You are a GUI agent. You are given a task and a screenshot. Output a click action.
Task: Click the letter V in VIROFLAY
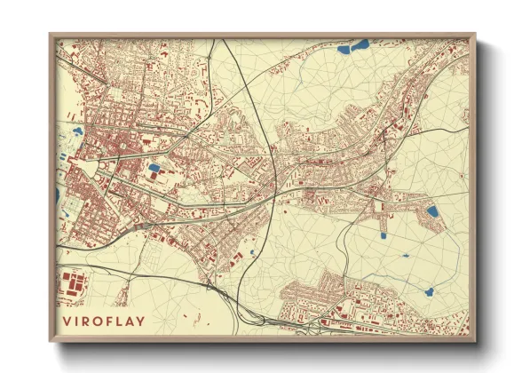coord(67,321)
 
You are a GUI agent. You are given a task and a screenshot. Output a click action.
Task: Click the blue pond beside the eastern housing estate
coord(431,211)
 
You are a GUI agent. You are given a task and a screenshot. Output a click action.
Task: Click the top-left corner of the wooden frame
coord(51,35)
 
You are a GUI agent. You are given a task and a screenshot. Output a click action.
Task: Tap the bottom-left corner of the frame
coord(51,342)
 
